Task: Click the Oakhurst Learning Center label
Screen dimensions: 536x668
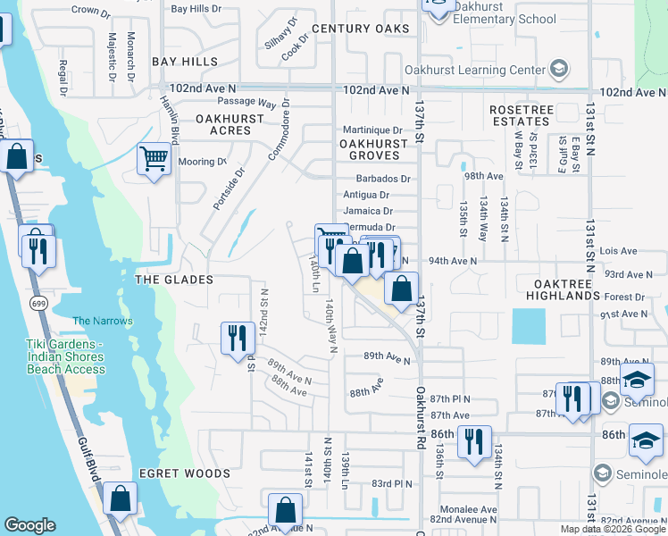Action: click(487, 70)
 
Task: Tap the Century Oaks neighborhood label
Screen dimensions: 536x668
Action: click(360, 29)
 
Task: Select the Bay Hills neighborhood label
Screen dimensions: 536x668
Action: click(185, 62)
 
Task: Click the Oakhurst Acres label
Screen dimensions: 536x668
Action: click(230, 124)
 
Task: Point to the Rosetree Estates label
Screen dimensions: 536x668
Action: click(520, 115)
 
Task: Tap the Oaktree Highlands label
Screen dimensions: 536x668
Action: click(563, 289)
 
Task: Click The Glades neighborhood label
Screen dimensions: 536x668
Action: click(173, 280)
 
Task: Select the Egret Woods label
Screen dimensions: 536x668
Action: click(184, 473)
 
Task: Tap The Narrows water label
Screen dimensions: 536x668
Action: click(102, 321)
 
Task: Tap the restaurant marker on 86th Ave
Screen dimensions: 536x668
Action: click(473, 440)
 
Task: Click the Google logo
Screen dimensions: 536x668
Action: click(30, 525)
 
